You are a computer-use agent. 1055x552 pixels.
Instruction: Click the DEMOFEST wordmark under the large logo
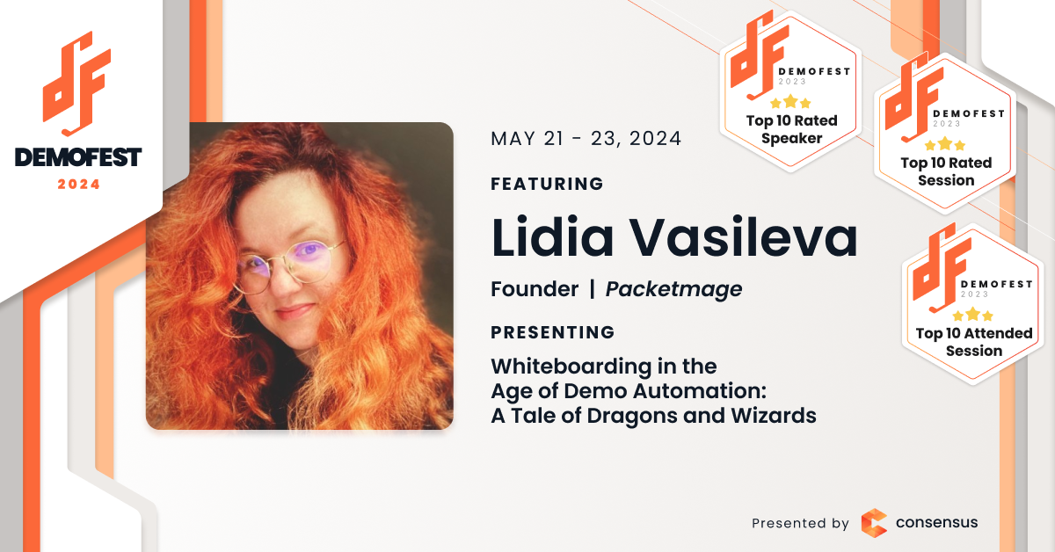(78, 156)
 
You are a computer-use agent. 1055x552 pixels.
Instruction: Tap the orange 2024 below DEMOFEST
(78, 185)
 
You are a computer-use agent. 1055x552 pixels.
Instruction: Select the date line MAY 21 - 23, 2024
(586, 139)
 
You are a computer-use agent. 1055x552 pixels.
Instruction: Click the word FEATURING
(547, 184)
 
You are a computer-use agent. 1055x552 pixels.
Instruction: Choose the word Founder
(535, 288)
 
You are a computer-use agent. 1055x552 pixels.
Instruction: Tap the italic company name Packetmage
(674, 289)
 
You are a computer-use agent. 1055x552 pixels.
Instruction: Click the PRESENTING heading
(552, 332)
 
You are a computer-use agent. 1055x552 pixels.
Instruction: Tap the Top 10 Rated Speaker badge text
(792, 129)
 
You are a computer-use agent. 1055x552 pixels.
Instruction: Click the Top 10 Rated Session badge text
(946, 171)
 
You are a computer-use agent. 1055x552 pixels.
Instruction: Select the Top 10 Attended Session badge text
(974, 342)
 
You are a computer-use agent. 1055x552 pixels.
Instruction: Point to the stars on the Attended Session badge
(972, 314)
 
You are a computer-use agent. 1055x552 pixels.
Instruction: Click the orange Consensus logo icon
(874, 523)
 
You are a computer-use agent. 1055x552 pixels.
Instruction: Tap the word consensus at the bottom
(937, 522)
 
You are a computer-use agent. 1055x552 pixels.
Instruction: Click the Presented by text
(800, 523)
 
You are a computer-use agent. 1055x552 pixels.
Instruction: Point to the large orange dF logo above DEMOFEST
(76, 84)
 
